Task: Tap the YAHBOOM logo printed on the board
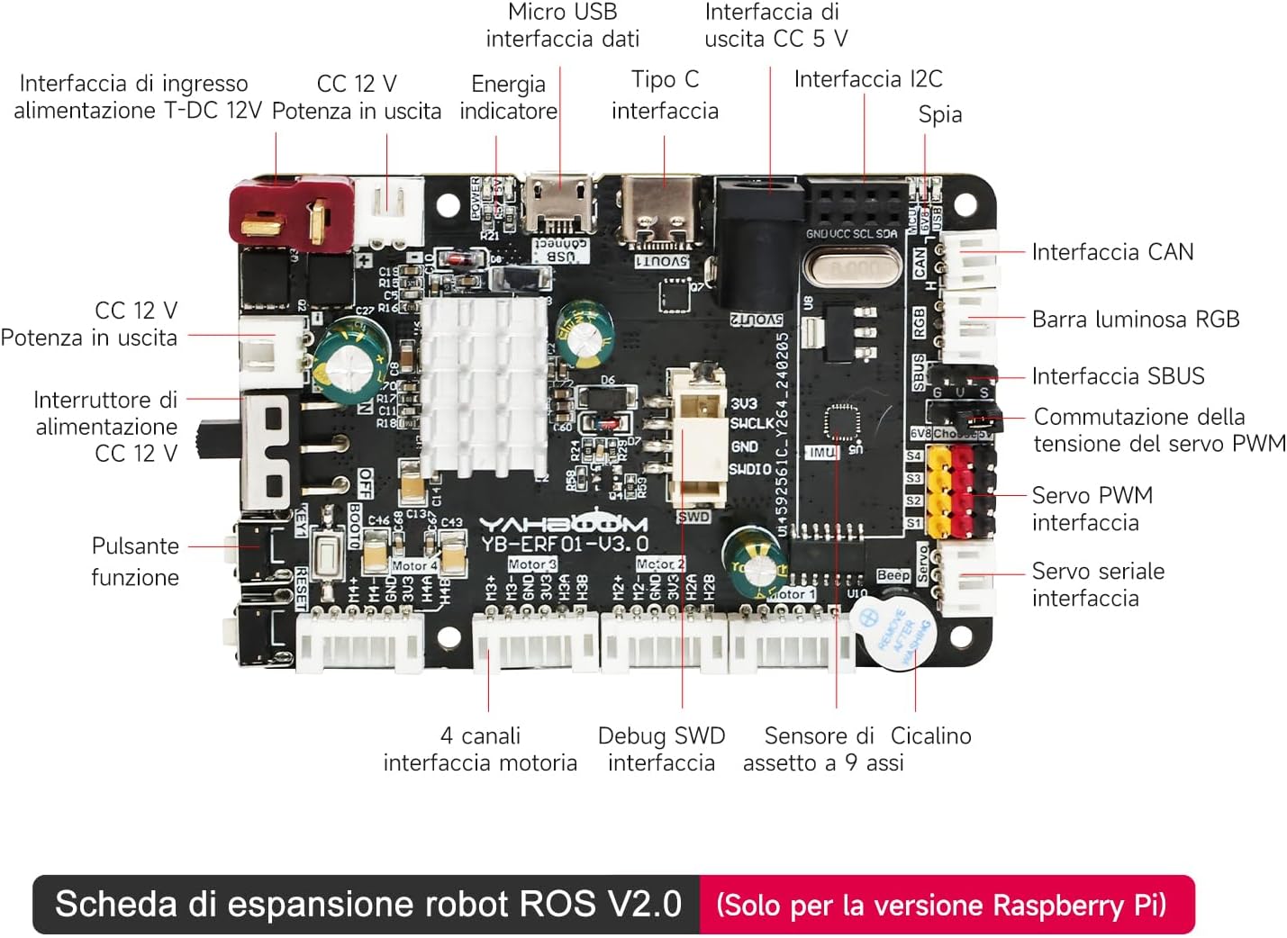562,525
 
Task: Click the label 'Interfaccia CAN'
1112,252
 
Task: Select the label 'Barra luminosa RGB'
1135,320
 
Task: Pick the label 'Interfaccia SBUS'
1118,376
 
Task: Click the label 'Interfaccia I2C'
867,79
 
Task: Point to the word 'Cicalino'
930,736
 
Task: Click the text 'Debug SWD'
661,736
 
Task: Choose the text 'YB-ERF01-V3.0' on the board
564,544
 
